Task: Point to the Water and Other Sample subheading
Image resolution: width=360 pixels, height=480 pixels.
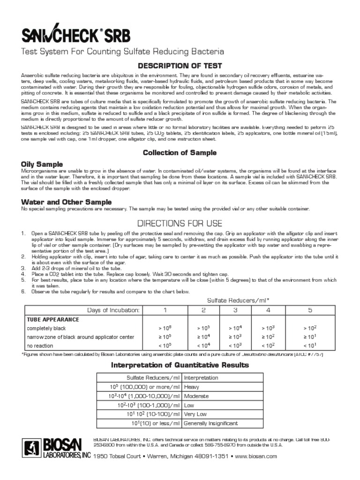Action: click(x=66, y=202)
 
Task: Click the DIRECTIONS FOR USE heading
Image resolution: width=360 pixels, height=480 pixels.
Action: click(x=179, y=223)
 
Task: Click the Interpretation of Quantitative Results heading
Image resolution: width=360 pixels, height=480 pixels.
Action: click(x=180, y=365)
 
